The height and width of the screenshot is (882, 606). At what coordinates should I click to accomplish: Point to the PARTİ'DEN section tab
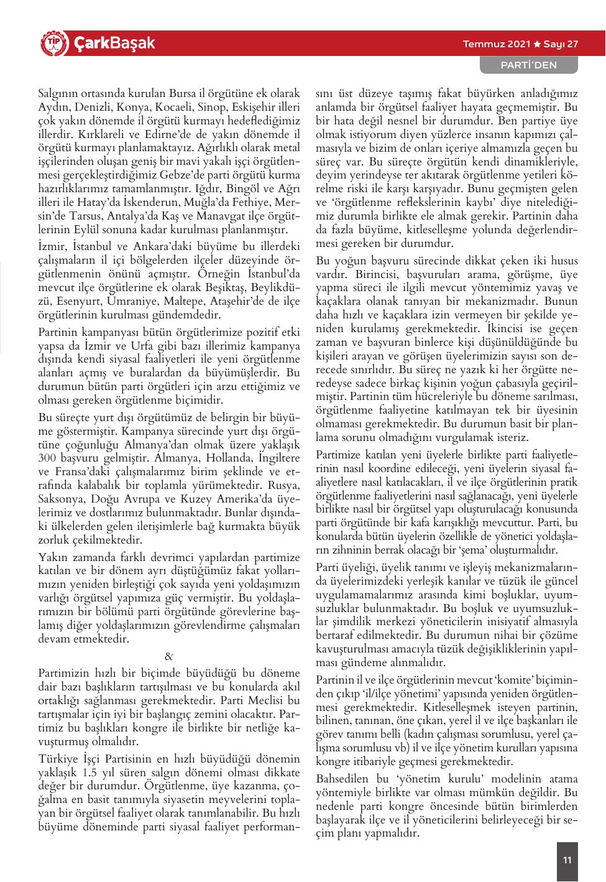tap(529, 65)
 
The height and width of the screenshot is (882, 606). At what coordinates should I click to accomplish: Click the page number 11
tap(566, 860)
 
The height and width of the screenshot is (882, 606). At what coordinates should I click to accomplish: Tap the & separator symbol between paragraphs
tap(169, 657)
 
